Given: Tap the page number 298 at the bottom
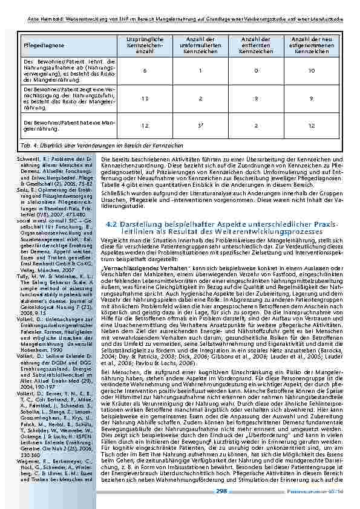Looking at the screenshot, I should pyautogui.click(x=221, y=492).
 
